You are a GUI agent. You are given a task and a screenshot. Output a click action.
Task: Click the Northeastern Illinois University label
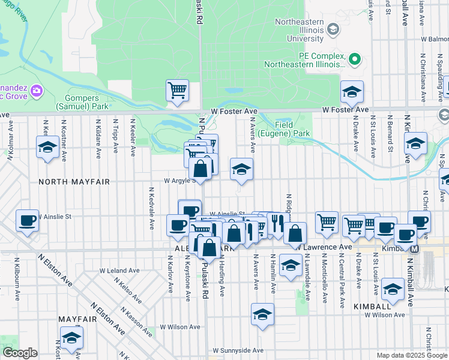pyautogui.click(x=298, y=30)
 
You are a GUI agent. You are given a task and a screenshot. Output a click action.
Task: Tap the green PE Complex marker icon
pyautogui.click(x=354, y=59)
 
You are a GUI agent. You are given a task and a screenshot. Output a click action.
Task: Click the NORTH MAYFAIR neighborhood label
pyautogui.click(x=68, y=181)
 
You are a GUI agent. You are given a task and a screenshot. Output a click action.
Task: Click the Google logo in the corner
pyautogui.click(x=20, y=353)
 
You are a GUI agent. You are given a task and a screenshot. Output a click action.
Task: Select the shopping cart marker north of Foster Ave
pyautogui.click(x=178, y=91)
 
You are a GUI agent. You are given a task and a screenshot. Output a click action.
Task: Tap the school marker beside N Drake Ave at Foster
pyautogui.click(x=352, y=92)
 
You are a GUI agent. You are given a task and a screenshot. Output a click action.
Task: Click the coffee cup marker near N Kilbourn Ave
pyautogui.click(x=27, y=221)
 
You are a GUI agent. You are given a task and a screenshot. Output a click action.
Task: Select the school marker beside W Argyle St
pyautogui.click(x=241, y=170)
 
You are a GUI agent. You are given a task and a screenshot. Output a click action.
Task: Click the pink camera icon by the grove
pyautogui.click(x=37, y=91)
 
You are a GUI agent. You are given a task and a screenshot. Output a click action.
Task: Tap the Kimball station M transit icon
pyautogui.click(x=414, y=247)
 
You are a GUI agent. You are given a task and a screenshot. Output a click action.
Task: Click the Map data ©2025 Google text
pyautogui.click(x=411, y=355)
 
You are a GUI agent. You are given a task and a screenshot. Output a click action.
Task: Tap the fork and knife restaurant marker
pyautogui.click(x=276, y=224)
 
